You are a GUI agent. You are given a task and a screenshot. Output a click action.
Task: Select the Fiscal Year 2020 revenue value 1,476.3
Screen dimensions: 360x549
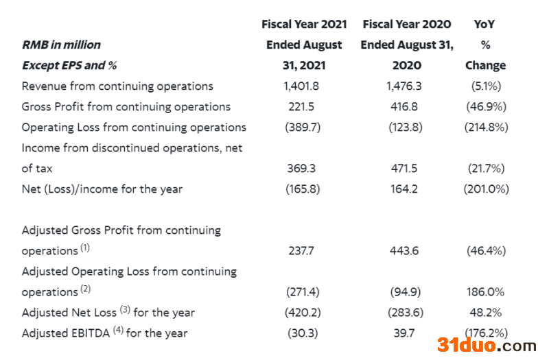point(404,86)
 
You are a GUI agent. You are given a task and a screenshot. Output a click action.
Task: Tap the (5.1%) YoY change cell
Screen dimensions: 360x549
point(485,86)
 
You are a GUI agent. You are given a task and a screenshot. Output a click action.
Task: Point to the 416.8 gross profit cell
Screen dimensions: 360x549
point(404,106)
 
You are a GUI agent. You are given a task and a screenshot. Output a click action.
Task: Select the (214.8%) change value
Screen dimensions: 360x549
point(485,127)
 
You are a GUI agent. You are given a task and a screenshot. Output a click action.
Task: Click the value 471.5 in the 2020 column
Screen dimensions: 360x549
point(404,168)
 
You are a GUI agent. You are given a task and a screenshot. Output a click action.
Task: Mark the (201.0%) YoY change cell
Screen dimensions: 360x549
point(485,189)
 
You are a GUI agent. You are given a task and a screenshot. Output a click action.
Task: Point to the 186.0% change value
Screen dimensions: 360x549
point(485,291)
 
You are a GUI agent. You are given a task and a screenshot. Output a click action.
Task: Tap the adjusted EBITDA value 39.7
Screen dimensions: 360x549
point(404,333)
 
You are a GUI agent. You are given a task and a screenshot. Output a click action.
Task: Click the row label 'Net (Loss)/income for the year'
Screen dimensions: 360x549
point(102,189)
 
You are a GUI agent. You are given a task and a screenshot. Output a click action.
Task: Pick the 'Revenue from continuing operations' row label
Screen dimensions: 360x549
point(117,86)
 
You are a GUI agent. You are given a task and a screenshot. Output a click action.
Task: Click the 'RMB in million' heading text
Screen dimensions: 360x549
point(61,45)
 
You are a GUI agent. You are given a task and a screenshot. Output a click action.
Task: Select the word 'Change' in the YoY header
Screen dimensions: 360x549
point(485,65)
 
